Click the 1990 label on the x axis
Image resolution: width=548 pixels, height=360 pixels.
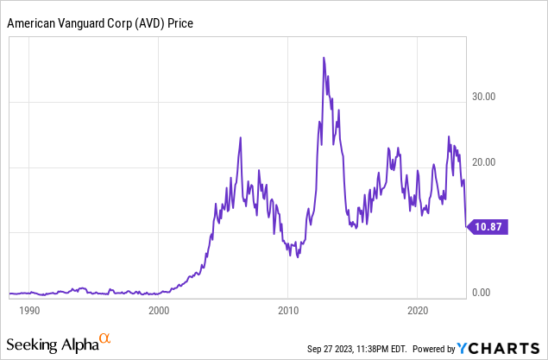point(28,309)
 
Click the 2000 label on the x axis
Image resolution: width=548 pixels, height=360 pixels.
point(158,309)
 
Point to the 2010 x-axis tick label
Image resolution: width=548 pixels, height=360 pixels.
point(288,309)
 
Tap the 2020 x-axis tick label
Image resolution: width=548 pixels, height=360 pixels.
point(418,309)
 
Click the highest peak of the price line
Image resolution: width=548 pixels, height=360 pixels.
point(324,58)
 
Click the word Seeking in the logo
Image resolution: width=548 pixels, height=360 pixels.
point(32,345)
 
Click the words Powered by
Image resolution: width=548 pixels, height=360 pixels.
point(438,349)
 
